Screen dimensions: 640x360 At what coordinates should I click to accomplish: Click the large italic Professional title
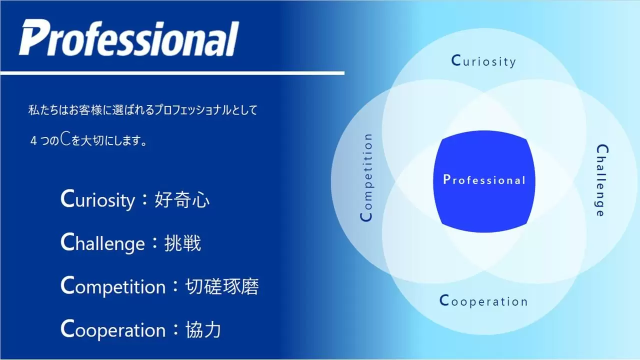coord(128,37)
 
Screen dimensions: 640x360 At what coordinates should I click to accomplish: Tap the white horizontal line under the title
coord(172,73)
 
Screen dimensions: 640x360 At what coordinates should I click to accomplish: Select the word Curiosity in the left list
coord(97,199)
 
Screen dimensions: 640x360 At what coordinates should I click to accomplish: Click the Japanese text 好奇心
coord(182,199)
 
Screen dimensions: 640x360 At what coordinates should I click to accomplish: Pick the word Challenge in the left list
coord(102,243)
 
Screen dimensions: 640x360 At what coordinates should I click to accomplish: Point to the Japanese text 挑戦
coord(182,243)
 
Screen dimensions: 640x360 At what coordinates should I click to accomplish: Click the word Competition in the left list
coord(113,286)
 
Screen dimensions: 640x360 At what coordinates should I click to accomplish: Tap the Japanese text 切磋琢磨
coord(222,286)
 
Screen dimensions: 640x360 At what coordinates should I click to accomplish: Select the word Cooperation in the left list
coord(113,329)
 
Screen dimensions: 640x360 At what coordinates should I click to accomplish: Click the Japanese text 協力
coord(203,329)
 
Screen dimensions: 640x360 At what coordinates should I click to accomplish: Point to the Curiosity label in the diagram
coord(483,61)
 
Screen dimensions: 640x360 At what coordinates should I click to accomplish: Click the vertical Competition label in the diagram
coord(366,177)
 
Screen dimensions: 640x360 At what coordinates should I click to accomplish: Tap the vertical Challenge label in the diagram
coord(602,180)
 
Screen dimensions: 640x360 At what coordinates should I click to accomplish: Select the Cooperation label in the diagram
coord(483,301)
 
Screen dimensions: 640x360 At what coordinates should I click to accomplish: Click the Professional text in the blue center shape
coord(484,179)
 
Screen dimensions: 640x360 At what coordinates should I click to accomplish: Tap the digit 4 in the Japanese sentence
coord(33,141)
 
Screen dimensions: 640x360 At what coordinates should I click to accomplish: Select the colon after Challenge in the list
coord(155,242)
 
